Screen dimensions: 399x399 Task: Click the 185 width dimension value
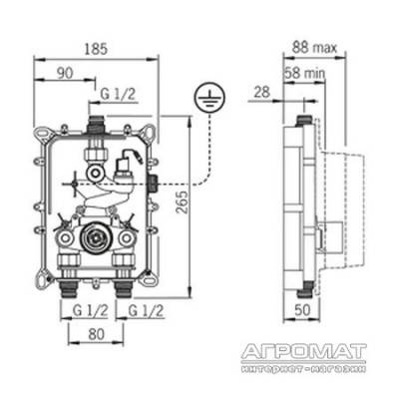coord(96,49)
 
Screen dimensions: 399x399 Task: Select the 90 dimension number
coord(65,74)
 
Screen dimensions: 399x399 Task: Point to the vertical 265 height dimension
coord(183,202)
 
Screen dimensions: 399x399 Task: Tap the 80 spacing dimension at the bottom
coord(96,334)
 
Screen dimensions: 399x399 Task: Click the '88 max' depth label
coord(314,48)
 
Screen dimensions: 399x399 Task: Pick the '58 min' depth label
coord(304,73)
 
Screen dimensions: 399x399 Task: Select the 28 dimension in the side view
coord(262,92)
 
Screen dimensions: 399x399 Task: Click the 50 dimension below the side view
coord(302,310)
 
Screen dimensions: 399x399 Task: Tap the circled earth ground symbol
coord(210,97)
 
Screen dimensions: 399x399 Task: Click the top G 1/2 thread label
coord(118,95)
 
